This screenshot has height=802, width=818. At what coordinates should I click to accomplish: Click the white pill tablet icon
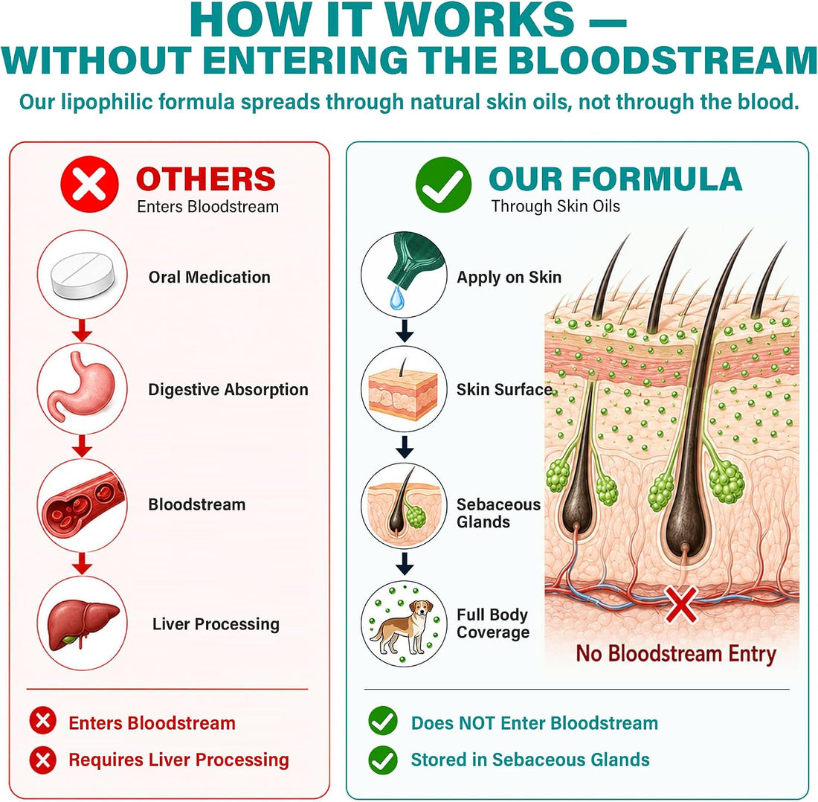[x=83, y=275]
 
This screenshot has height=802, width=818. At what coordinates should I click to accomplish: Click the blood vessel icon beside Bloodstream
[x=83, y=504]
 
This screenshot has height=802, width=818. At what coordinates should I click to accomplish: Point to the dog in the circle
[x=402, y=626]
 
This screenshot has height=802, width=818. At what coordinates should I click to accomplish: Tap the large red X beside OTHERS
[x=89, y=185]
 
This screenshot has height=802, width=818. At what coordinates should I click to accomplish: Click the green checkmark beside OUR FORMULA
[x=443, y=185]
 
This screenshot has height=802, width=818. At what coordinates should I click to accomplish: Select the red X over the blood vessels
[x=680, y=603]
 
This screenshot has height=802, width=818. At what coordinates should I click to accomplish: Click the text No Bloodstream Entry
[x=676, y=654]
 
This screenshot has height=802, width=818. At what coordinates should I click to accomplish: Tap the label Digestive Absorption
[x=228, y=390]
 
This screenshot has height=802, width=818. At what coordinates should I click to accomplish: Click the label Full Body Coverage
[x=493, y=623]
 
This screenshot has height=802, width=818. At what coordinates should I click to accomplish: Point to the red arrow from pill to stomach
[x=82, y=330]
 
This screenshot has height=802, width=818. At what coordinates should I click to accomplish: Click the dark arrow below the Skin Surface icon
[x=405, y=446]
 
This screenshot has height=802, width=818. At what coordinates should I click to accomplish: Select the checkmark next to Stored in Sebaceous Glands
[x=383, y=760]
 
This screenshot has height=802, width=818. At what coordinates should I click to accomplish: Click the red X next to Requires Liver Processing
[x=43, y=760]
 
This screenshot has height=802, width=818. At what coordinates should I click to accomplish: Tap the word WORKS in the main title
[x=480, y=20]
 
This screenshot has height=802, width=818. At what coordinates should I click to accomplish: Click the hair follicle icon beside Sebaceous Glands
[x=403, y=504]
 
